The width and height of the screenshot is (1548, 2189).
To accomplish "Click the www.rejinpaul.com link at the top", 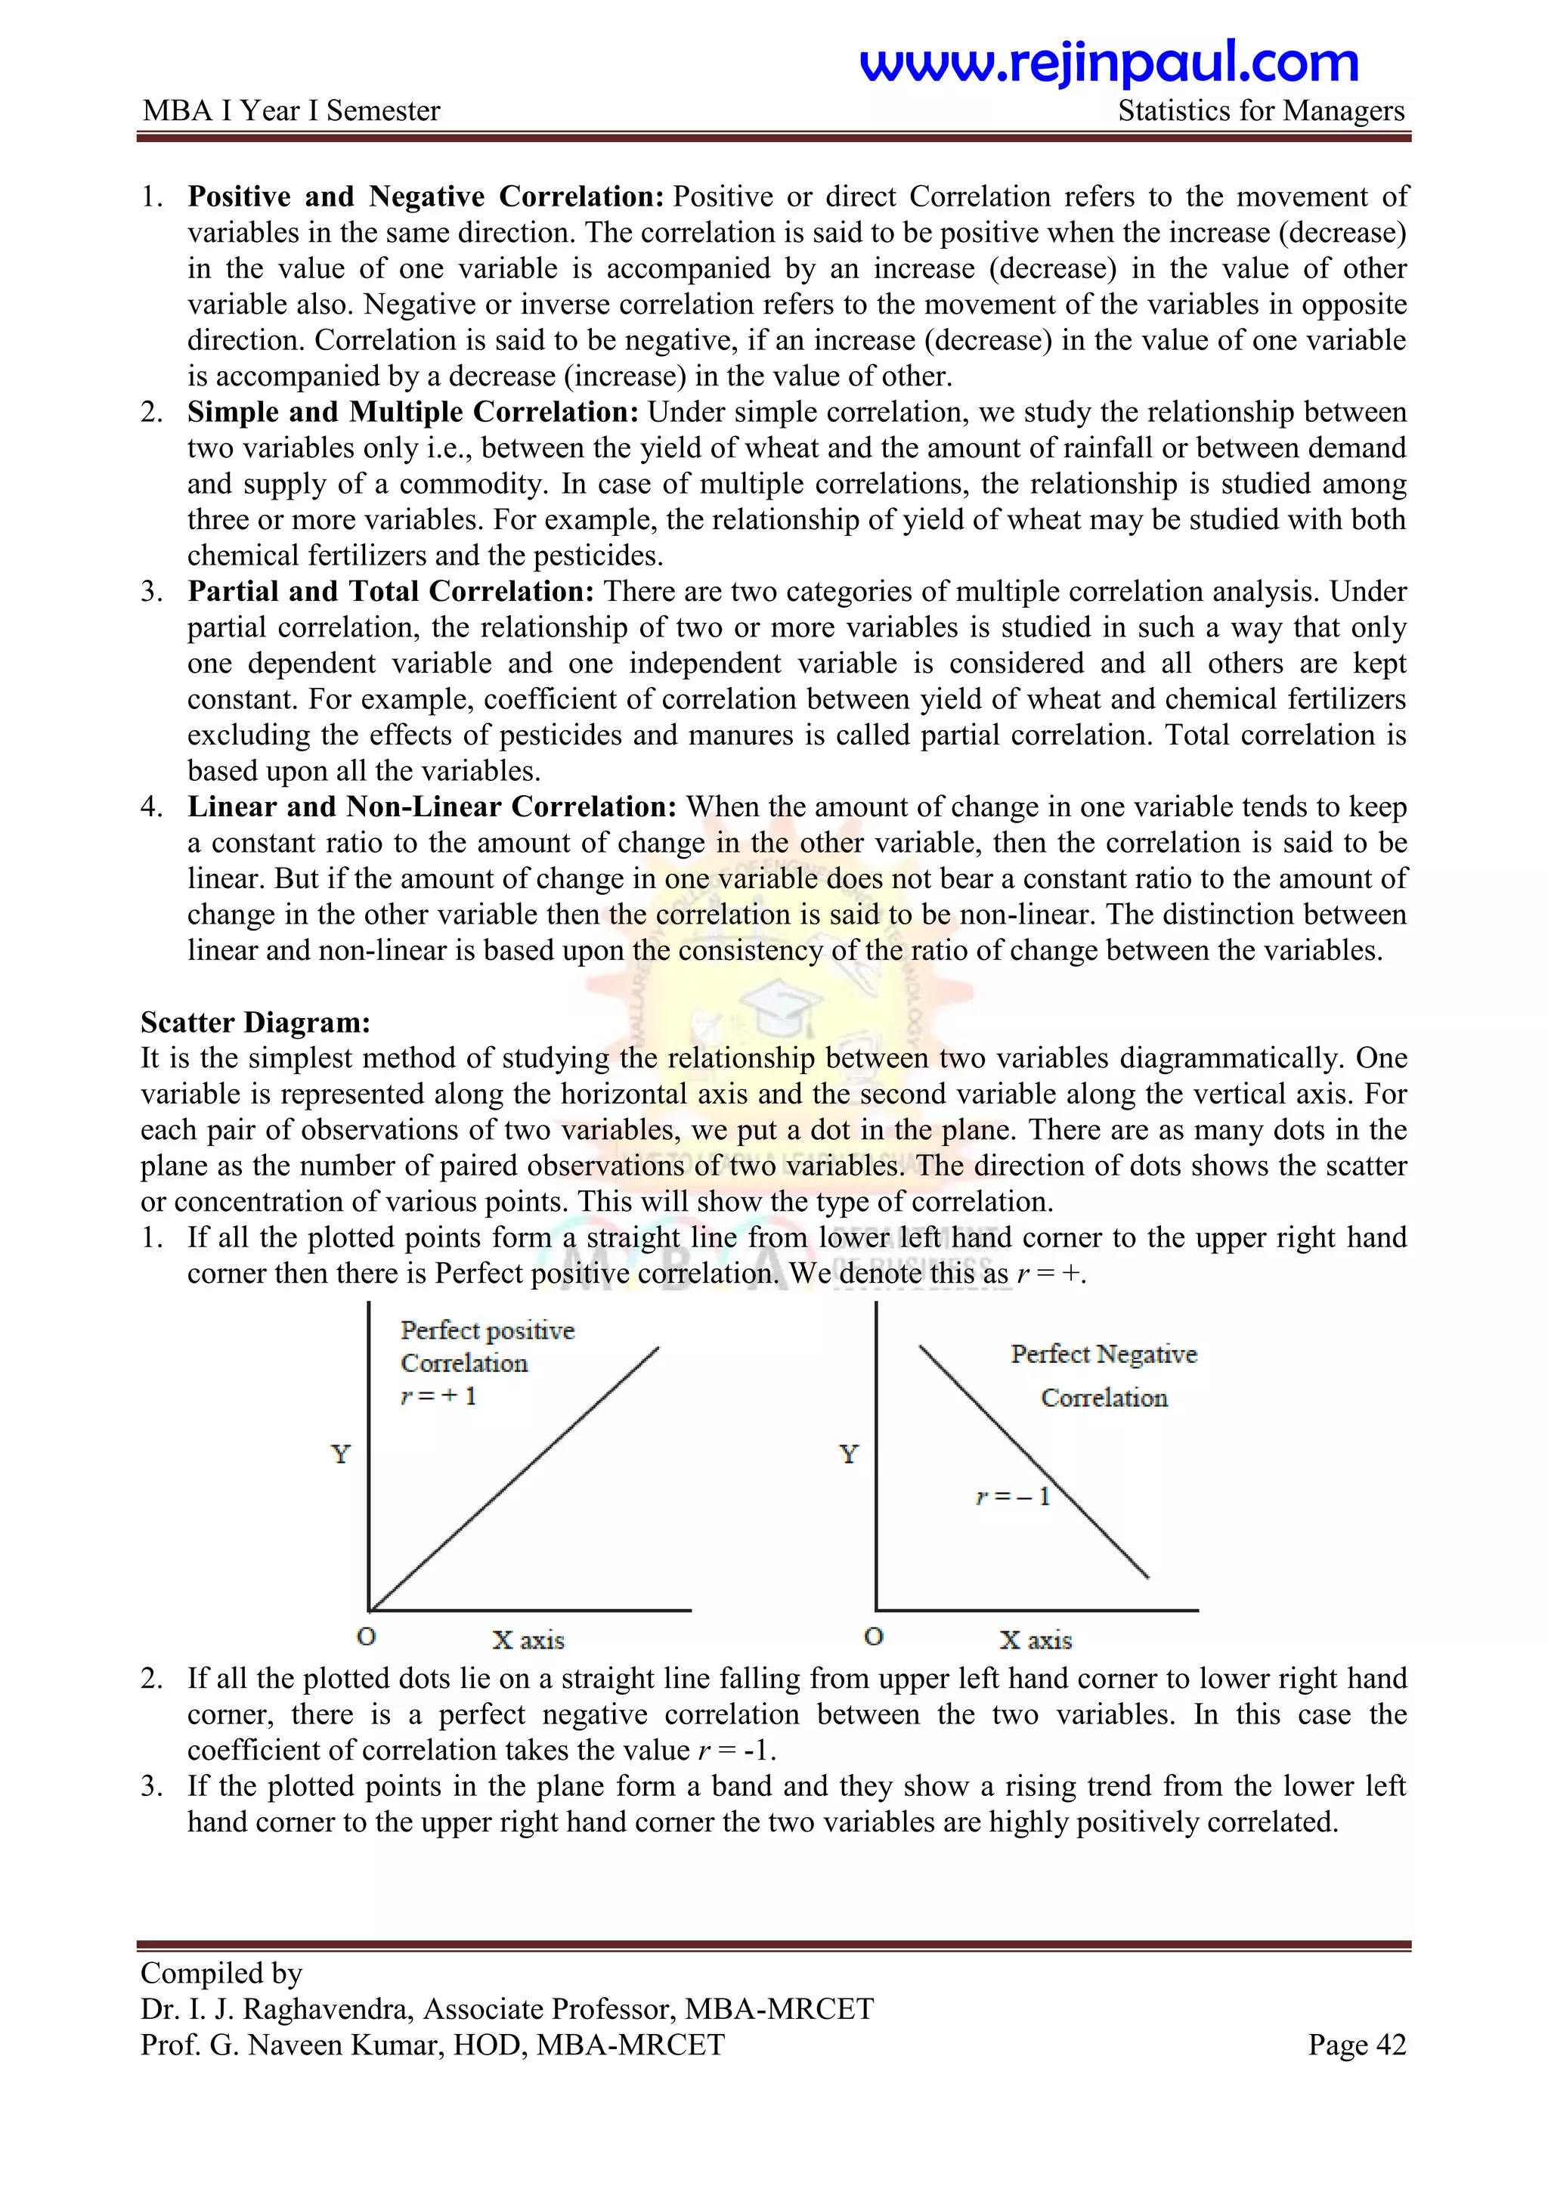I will point(1109,63).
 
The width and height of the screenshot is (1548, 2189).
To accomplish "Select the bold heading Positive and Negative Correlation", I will point(425,197).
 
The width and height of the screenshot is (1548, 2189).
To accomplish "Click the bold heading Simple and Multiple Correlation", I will point(413,412).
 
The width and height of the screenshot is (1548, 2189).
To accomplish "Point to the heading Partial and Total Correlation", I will point(391,591).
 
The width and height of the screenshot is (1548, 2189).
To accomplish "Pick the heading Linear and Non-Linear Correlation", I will point(432,807).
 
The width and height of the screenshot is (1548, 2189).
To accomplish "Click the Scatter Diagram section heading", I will point(255,1022).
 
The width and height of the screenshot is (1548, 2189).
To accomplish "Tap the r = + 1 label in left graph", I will point(438,1396).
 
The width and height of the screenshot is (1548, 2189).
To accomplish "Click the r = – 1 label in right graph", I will point(1012,1496).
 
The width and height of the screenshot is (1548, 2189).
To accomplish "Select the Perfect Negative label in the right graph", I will point(1103,1354).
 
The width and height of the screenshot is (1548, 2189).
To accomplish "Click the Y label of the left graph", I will point(340,1454).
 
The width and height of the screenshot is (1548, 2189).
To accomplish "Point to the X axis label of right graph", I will point(1036,1639).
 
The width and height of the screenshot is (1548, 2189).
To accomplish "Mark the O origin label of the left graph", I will point(366,1636).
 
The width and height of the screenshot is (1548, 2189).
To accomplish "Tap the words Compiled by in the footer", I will point(221,1973).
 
